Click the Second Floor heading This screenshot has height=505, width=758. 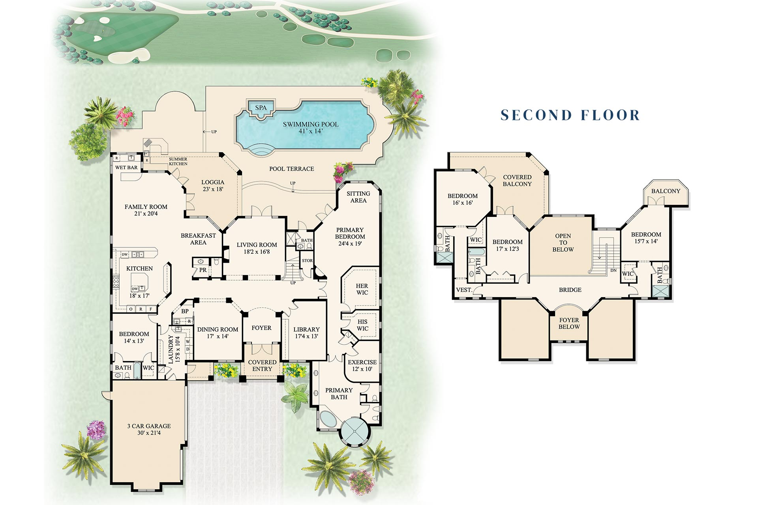pos(570,115)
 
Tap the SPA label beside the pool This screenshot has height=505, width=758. pos(261,108)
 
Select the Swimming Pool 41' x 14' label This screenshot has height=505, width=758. pos(311,127)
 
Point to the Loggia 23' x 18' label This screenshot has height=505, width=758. pos(213,185)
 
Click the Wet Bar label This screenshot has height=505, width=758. pos(126,167)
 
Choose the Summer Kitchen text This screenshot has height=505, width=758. pos(178,161)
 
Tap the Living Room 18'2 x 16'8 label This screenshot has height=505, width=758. pos(257,248)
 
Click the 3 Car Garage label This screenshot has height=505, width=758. pos(149,429)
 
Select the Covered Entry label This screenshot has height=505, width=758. pos(262,365)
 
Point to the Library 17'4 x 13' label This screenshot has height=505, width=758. pos(306,333)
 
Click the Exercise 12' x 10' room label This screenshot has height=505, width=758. pos(362,365)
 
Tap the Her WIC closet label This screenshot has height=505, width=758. pos(362,289)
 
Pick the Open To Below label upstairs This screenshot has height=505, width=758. pos(563,243)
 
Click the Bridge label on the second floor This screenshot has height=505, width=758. pos(570,290)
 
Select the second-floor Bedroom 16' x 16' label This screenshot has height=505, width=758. pos(462,199)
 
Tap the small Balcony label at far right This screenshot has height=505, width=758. pos(666,191)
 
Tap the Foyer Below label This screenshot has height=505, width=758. pos(569,323)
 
